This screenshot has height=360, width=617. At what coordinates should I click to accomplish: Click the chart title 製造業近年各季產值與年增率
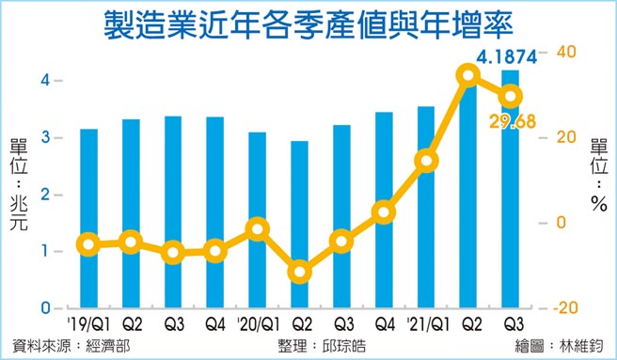tap(308, 25)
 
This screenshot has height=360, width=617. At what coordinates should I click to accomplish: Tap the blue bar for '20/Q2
tap(299, 225)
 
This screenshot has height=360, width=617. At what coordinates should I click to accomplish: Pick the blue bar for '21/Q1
tap(426, 207)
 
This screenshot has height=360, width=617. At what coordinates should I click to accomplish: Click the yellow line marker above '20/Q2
tap(299, 273)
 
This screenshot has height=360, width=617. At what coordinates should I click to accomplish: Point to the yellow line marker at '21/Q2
tap(468, 75)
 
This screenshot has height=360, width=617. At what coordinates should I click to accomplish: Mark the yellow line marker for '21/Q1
tap(426, 161)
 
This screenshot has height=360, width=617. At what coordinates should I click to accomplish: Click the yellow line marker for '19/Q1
tap(88, 244)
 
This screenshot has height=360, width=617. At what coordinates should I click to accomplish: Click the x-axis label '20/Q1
tap(255, 325)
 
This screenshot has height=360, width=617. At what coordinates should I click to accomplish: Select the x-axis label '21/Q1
tap(423, 325)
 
